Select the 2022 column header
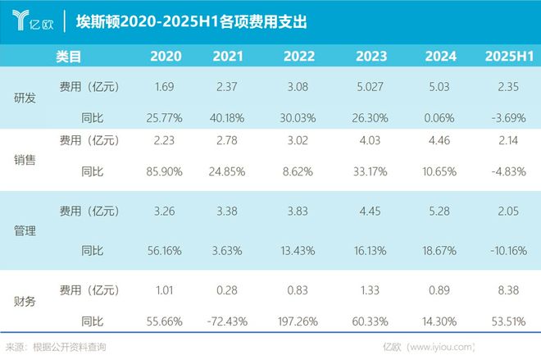(298, 56)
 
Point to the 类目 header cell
(69, 56)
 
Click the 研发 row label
(25, 97)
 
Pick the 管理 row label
(25, 230)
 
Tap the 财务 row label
(25, 301)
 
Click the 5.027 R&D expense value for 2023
(372, 85)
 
